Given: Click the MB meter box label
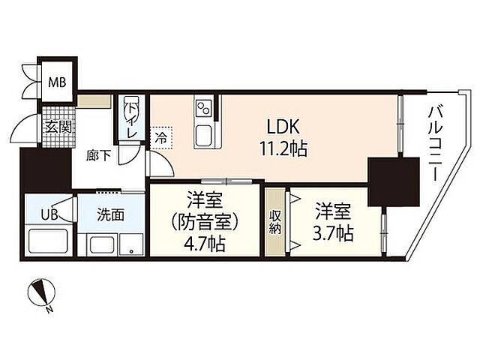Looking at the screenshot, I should [x=57, y=82].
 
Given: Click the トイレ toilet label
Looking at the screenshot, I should [x=133, y=119].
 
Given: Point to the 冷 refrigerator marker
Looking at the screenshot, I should [x=162, y=137].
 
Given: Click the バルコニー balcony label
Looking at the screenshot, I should [x=434, y=142].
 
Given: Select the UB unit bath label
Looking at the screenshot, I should [x=49, y=214].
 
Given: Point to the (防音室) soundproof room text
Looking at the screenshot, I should [x=204, y=222].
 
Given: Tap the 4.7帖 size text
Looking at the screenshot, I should [x=204, y=244].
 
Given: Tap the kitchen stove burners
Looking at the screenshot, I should [x=204, y=109].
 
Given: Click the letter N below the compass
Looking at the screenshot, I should [x=48, y=308].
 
